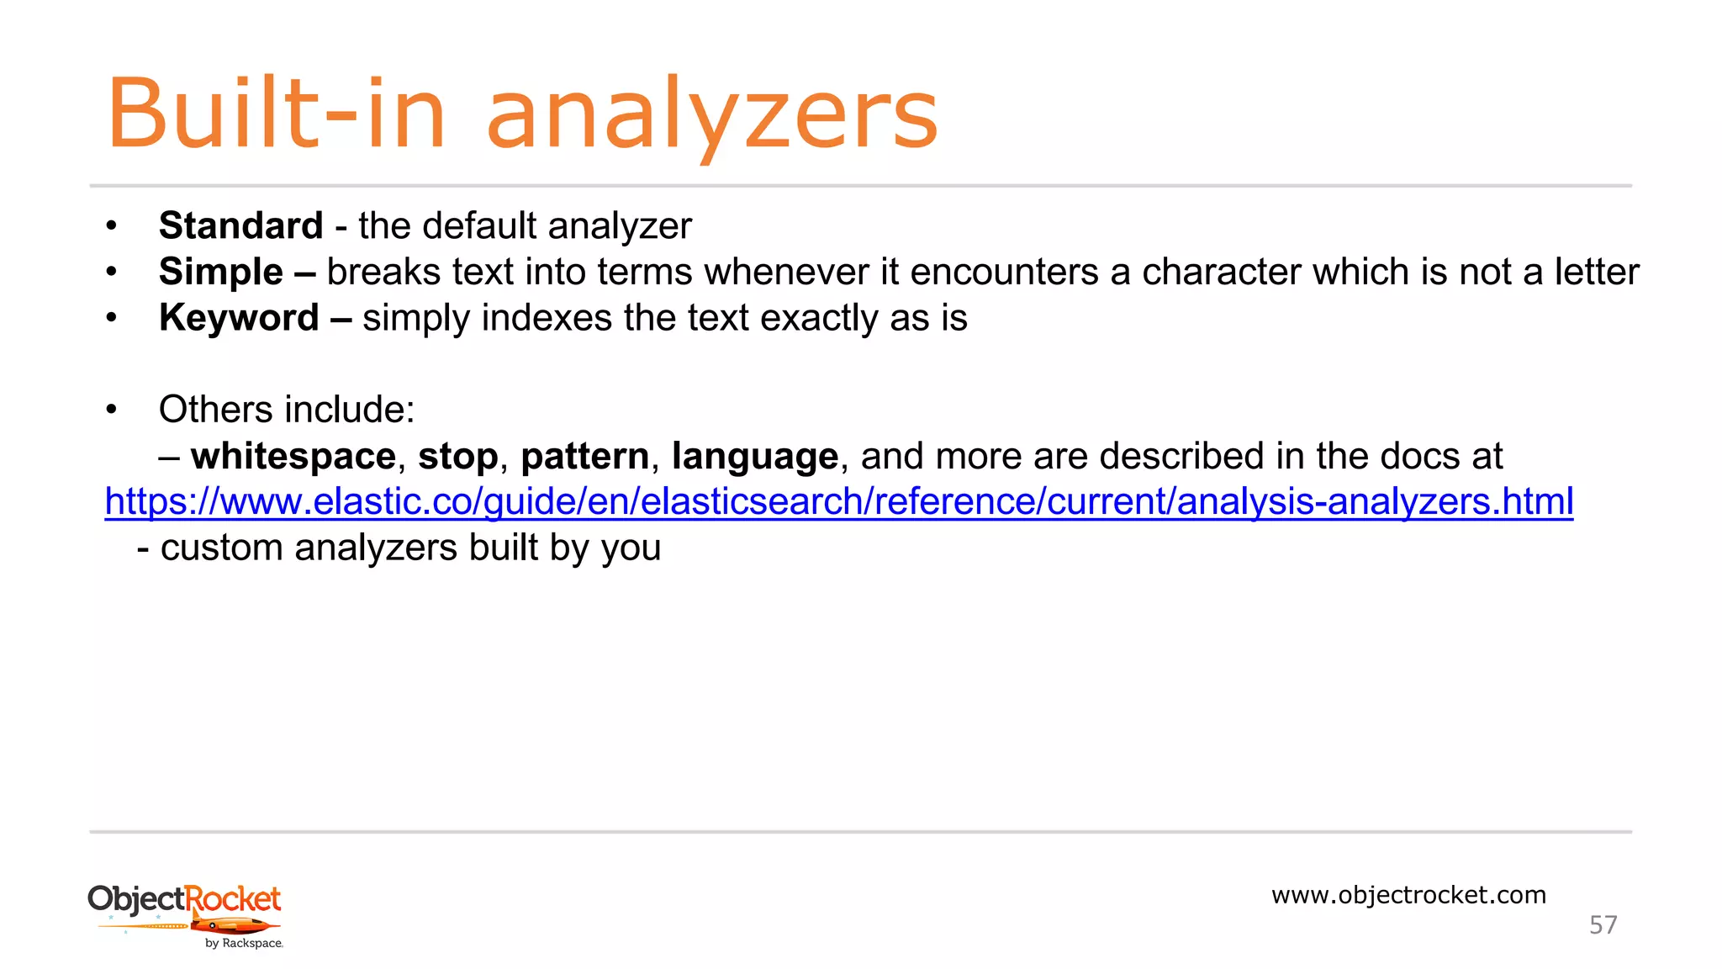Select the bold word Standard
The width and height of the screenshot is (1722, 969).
tap(240, 225)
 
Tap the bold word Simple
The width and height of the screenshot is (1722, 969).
tap(220, 272)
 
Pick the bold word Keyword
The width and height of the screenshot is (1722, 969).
tap(239, 318)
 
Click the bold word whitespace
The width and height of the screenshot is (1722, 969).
tap(293, 456)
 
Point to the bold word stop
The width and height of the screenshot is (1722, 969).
tap(457, 456)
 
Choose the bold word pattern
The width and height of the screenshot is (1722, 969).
tap(584, 456)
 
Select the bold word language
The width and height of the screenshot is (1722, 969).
tap(754, 456)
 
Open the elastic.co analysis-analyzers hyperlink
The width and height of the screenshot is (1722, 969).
tap(838, 502)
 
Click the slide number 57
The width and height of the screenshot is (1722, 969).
tap(1603, 925)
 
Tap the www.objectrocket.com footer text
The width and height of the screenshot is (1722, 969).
tap(1408, 895)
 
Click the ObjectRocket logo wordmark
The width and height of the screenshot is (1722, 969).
tap(184, 898)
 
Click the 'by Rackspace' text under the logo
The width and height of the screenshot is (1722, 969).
tap(244, 944)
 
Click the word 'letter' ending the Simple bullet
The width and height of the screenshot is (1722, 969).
tap(1596, 272)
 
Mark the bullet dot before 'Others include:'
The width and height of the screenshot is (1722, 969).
tap(111, 410)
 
